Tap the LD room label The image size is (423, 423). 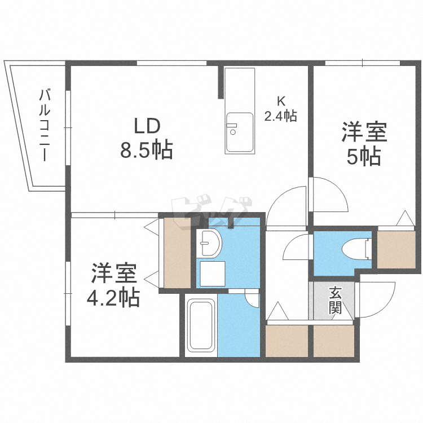coord(147,126)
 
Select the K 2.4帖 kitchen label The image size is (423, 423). coord(281,109)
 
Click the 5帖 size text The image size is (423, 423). coord(363,157)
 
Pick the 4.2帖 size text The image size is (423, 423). coord(113,297)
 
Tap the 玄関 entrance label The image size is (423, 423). coord(335,300)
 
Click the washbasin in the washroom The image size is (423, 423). coord(209,243)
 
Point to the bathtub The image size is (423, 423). coord(201,325)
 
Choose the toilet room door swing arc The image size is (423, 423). coord(296,248)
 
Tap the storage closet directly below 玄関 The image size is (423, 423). coord(334,341)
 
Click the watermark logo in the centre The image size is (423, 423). coord(211,214)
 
